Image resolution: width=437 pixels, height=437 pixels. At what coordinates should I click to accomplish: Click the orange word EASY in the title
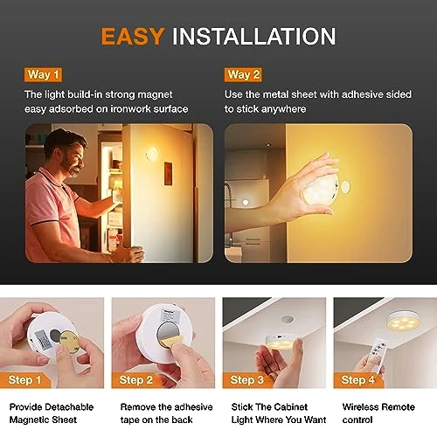(132, 36)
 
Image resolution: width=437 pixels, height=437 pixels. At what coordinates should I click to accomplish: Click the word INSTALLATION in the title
(254, 36)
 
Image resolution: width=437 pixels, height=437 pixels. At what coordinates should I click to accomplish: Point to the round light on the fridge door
(150, 154)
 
